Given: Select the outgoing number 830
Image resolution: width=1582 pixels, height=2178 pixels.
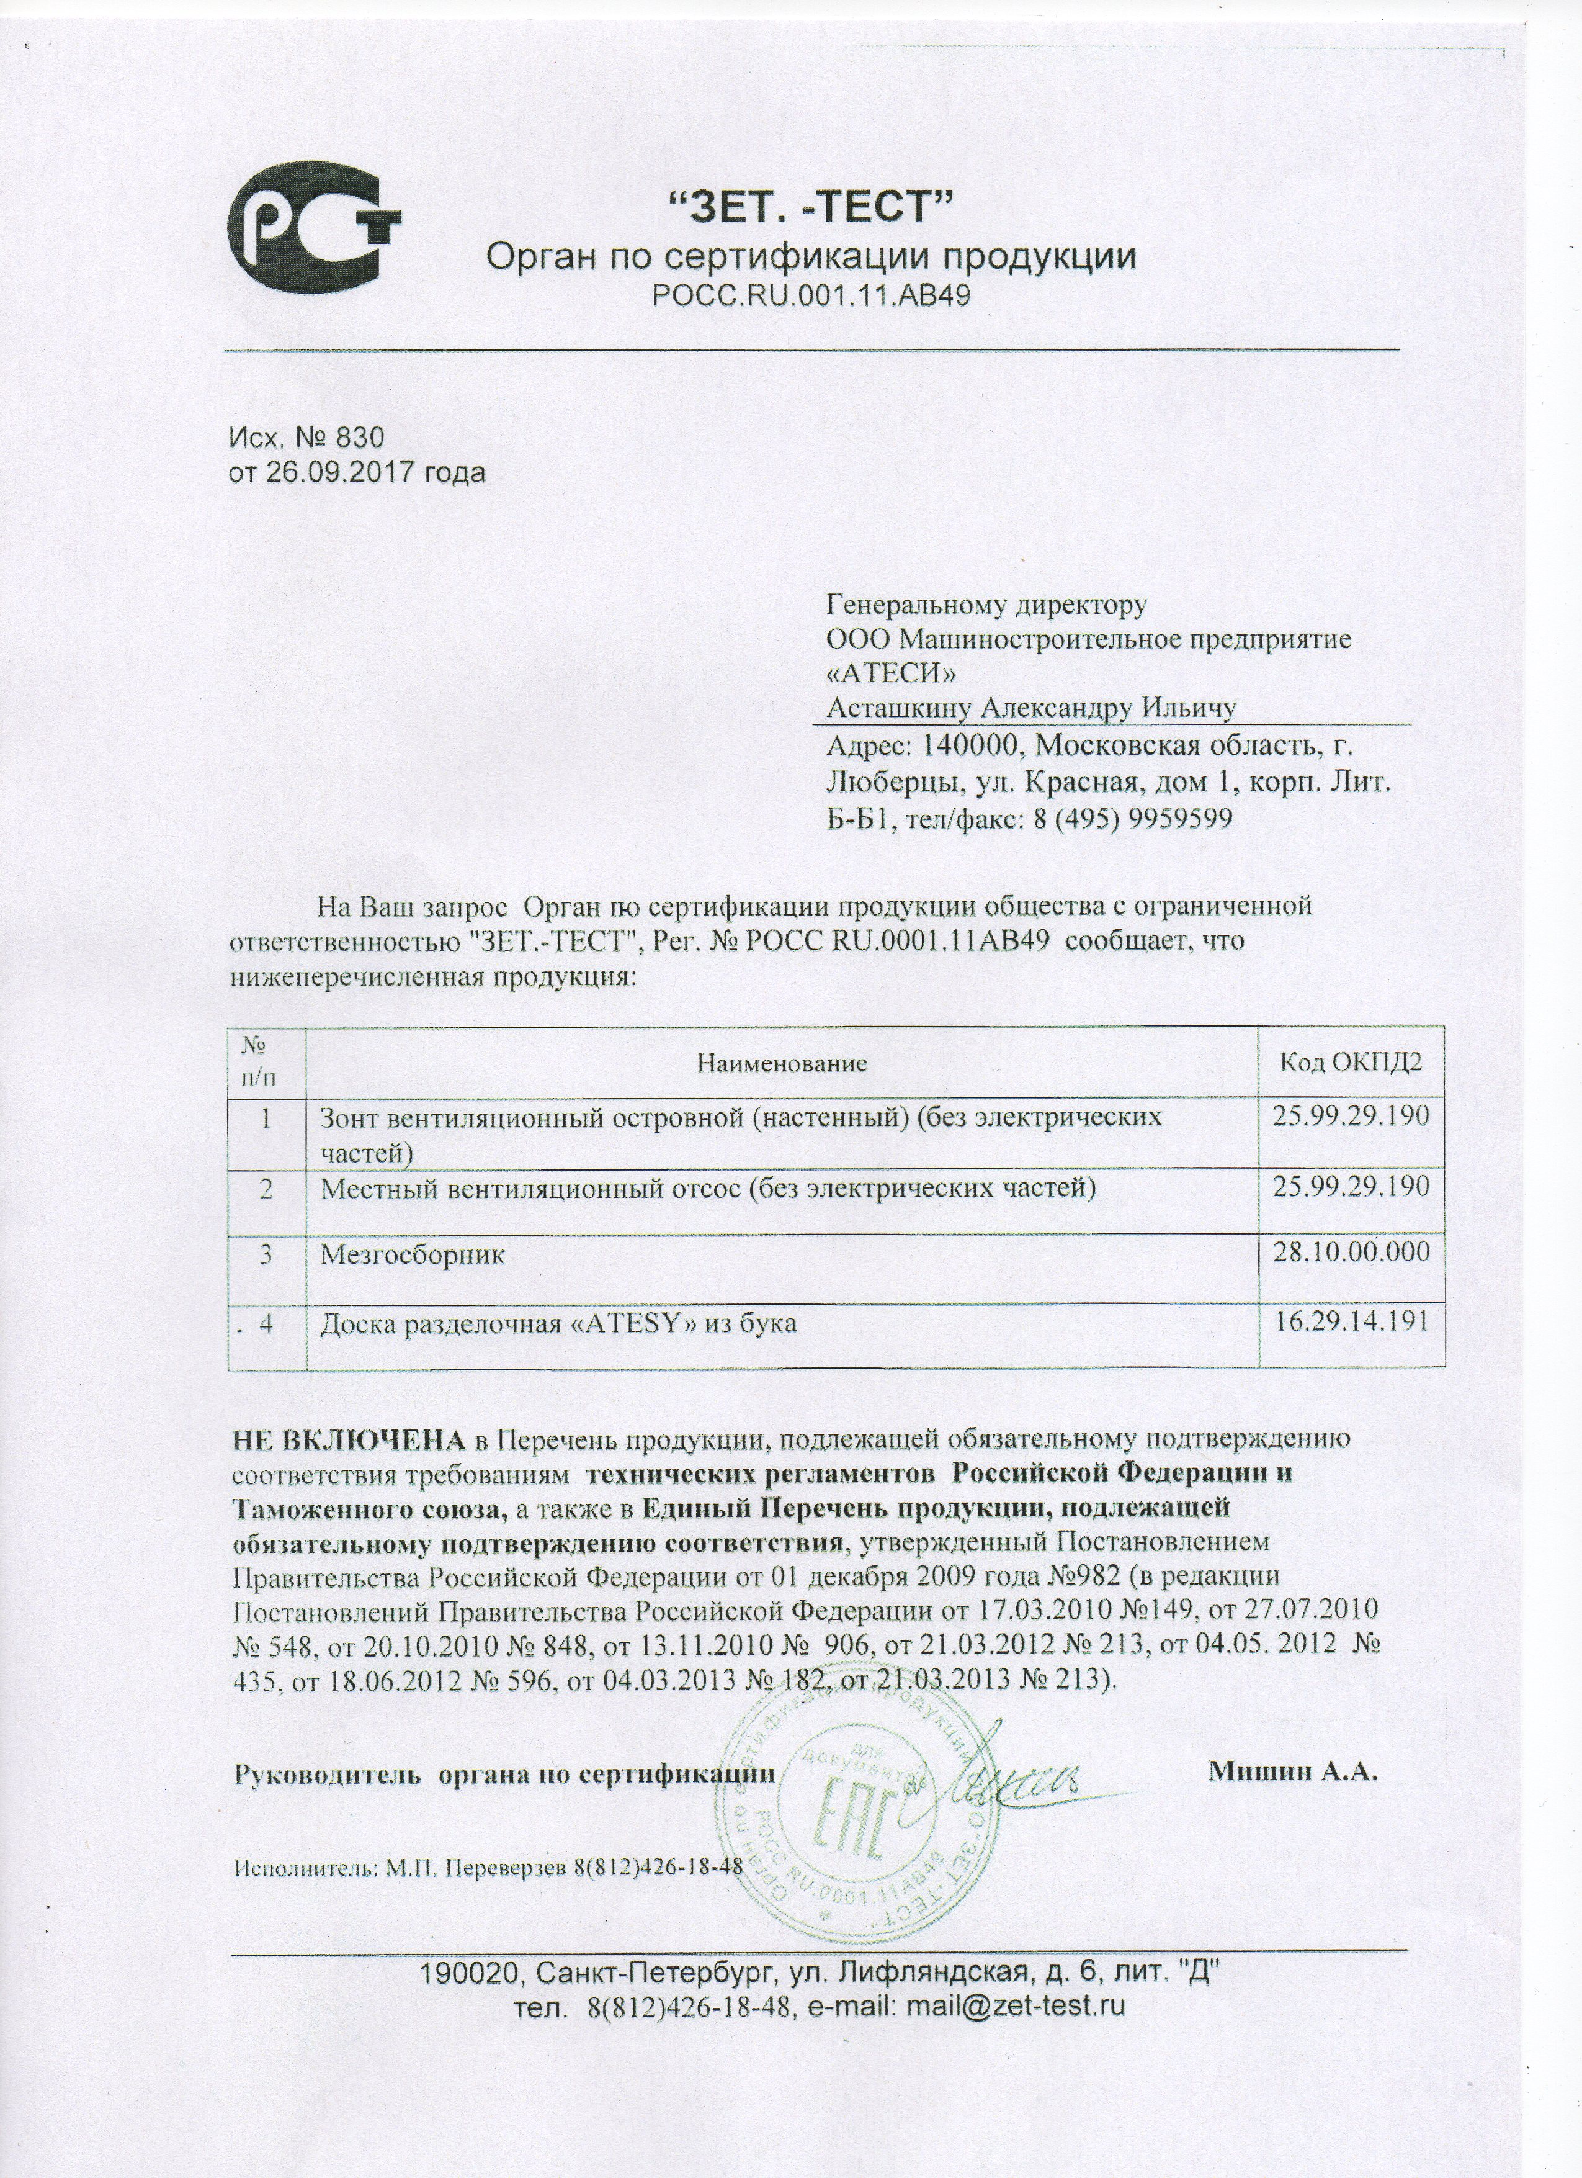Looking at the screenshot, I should tap(359, 438).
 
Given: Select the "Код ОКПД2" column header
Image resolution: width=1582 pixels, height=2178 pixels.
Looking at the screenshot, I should tap(1351, 1062).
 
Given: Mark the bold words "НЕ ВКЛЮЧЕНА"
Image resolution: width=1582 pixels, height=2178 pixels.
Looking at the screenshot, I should tap(349, 1467).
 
